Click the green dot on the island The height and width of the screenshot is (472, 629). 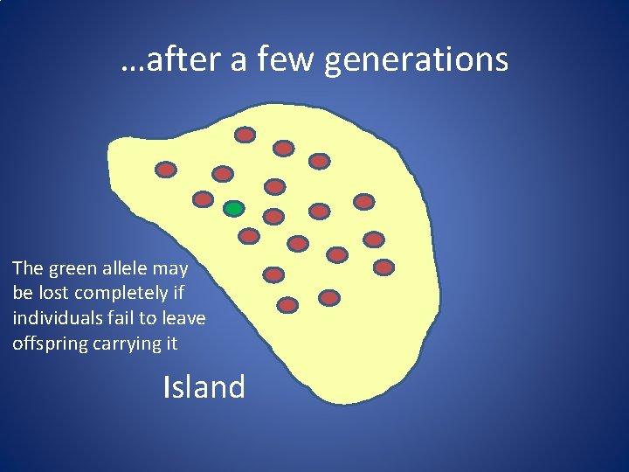point(233,208)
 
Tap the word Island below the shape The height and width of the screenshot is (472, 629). point(204,385)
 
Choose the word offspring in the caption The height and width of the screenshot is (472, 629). point(51,344)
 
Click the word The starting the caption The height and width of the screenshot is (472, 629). point(28,268)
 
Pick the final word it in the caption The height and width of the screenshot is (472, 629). point(170,344)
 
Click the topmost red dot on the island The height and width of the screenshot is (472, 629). point(245,135)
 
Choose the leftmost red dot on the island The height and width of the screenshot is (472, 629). point(166,170)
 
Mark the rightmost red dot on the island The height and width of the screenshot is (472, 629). point(384,267)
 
